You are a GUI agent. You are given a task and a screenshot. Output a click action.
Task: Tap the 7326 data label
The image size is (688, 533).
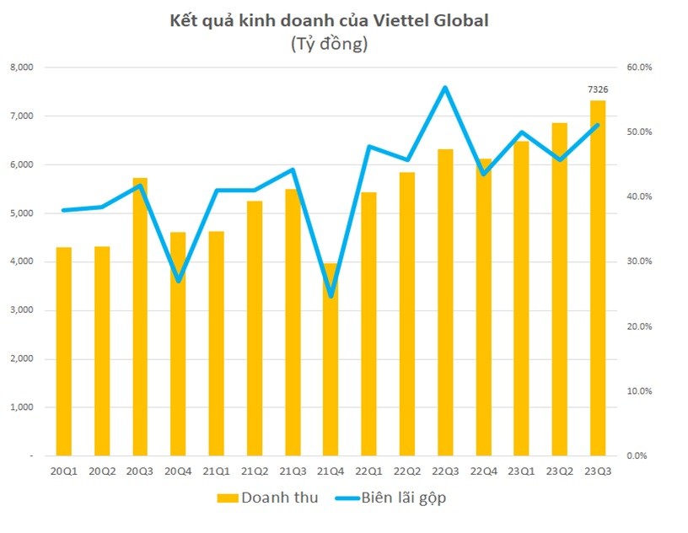click(x=598, y=89)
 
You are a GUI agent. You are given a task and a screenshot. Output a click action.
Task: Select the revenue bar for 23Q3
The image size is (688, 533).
click(x=598, y=278)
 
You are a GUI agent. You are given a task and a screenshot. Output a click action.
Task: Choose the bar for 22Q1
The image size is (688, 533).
click(x=369, y=324)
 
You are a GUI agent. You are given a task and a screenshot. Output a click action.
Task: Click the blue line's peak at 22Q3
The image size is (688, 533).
click(x=444, y=88)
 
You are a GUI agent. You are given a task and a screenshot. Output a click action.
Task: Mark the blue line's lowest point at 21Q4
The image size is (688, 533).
click(x=331, y=296)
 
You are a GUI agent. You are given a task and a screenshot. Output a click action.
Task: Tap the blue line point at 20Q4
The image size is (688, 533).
click(x=179, y=281)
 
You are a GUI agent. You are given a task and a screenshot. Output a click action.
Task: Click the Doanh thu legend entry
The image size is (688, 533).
click(x=268, y=498)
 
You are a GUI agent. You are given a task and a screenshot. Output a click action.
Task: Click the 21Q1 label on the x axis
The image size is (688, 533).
click(x=217, y=471)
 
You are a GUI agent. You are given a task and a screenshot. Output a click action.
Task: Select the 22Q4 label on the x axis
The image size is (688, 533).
click(x=483, y=471)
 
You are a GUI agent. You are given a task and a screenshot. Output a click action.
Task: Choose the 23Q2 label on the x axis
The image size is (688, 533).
click(x=560, y=471)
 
